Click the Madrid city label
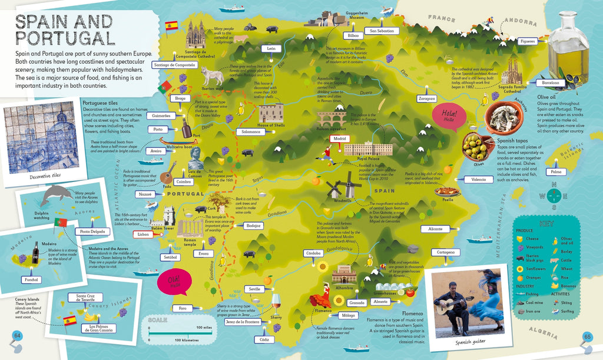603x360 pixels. point(339,139)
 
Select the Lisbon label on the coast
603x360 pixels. point(143,234)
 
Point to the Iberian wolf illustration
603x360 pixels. point(212,75)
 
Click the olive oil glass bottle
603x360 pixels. point(568,50)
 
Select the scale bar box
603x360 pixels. point(180,332)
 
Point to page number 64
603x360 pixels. point(17,336)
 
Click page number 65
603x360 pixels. point(587,336)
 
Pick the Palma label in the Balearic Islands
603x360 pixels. point(554,172)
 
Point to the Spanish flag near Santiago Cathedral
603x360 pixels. point(172,25)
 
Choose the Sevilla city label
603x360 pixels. point(255,289)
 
